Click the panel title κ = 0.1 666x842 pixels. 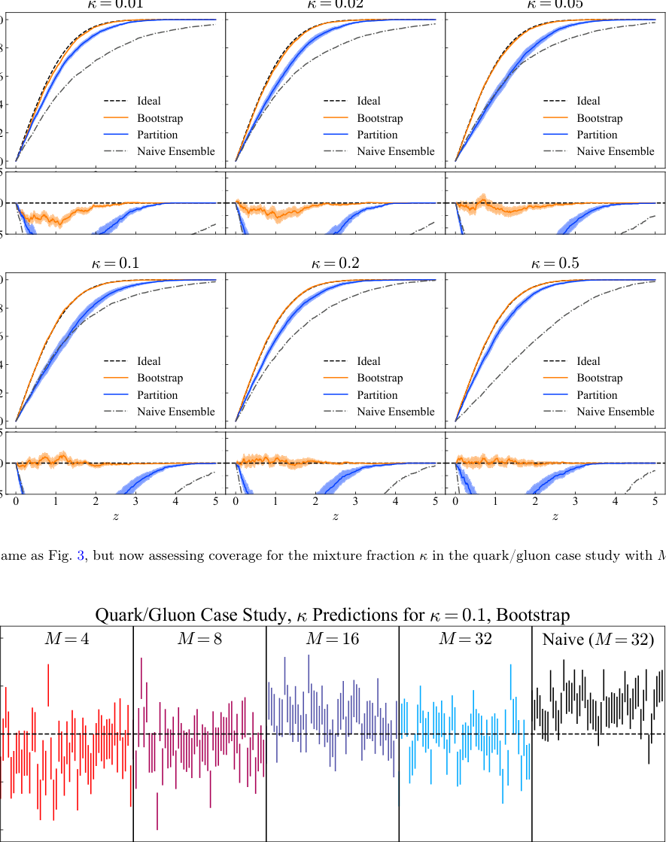click(x=115, y=263)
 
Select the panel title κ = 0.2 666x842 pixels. click(x=335, y=263)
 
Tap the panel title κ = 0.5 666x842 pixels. click(x=555, y=263)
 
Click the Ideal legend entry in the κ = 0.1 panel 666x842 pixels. click(x=148, y=361)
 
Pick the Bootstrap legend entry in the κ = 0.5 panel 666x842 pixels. click(x=599, y=378)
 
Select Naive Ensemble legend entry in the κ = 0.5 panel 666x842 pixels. click(x=616, y=412)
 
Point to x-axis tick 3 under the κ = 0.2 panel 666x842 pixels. click(x=355, y=500)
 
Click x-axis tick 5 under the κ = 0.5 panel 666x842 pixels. click(x=655, y=500)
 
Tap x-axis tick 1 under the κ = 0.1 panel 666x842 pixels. click(x=56, y=500)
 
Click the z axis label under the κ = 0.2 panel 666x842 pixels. click(x=335, y=517)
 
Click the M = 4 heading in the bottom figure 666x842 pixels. click(x=66, y=640)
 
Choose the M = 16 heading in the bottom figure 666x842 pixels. click(x=332, y=640)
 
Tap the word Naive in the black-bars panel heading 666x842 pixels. click(x=561, y=640)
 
